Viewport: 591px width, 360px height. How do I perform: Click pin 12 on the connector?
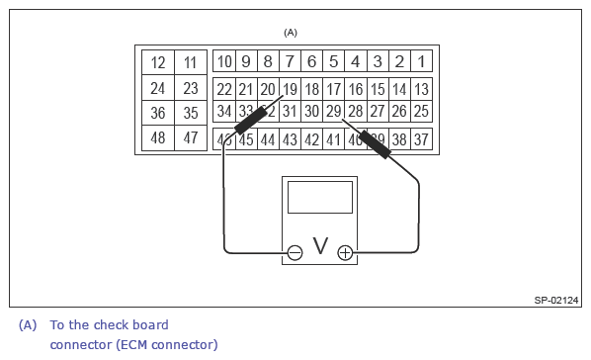(158, 63)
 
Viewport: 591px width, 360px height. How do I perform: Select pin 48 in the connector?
(158, 138)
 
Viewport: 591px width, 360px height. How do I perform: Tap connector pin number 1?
(421, 62)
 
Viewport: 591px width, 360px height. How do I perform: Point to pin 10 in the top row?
(224, 62)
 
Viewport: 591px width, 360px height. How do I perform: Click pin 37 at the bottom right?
(421, 139)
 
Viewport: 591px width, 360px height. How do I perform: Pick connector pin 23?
(191, 88)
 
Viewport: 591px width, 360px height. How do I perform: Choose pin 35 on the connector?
(191, 113)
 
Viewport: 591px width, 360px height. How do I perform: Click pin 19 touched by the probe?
(290, 88)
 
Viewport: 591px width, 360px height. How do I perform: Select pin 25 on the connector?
(421, 112)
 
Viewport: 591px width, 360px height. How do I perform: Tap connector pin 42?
(311, 139)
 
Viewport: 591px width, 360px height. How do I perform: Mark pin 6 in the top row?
(311, 62)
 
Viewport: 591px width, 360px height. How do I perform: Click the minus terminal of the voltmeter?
(294, 253)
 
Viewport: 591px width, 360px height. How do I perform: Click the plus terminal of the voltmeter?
(345, 253)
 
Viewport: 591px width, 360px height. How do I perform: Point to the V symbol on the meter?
(319, 245)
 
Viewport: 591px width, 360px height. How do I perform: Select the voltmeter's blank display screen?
(319, 197)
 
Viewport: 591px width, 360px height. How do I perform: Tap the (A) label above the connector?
(291, 33)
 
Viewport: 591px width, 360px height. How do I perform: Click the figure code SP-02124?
(556, 300)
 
